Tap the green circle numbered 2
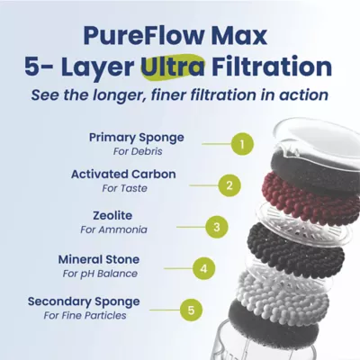pos(229,185)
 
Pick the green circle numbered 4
pos(204,268)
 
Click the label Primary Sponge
pos(136,137)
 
